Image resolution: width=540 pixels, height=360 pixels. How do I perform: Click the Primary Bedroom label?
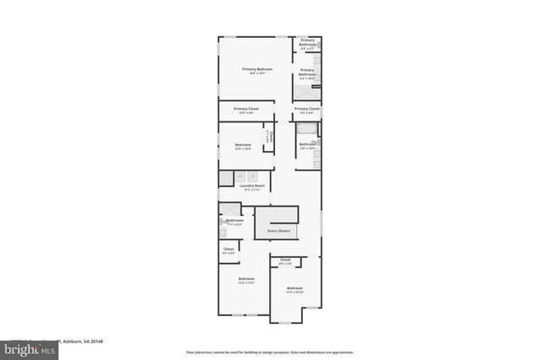[x=256, y=69]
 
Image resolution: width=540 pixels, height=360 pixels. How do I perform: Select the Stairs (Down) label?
[x=278, y=230]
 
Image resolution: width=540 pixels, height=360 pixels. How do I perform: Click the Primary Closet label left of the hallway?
[x=246, y=110]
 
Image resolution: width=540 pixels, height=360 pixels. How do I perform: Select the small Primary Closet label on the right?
[x=307, y=110]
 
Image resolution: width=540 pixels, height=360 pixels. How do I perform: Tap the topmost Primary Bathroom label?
[x=307, y=42]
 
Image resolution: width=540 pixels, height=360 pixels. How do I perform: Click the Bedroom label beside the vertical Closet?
[x=243, y=146]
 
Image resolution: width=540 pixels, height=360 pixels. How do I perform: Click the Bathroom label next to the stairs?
[x=234, y=221]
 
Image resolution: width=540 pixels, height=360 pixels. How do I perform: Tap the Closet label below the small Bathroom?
[x=229, y=250]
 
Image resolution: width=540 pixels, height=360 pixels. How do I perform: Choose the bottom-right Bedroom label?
[x=294, y=289]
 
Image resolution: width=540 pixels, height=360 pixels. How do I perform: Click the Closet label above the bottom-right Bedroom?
[x=285, y=261]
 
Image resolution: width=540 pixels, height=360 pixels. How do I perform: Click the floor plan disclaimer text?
[x=269, y=352]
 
